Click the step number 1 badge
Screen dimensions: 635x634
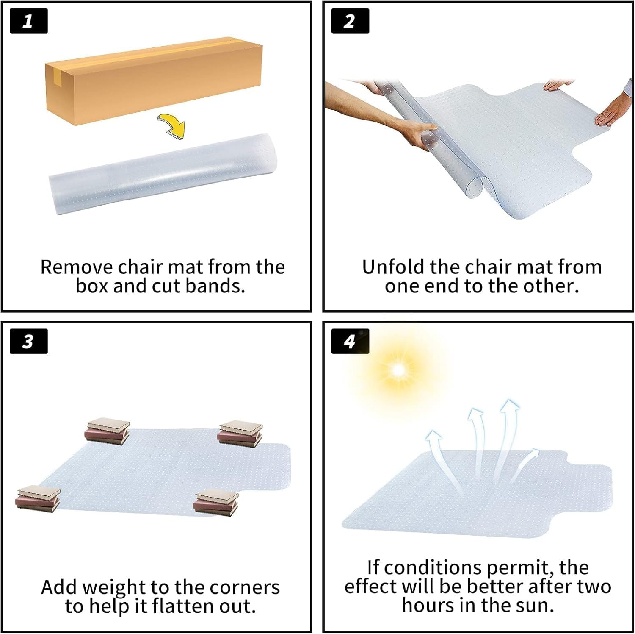28,21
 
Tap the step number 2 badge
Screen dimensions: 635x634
350,21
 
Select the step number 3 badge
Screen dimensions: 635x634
28,341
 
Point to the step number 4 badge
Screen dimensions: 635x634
350,341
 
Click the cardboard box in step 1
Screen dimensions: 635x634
154,81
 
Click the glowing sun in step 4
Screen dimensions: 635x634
398,370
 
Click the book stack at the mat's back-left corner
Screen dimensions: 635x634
108,431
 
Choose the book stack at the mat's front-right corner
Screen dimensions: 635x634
216,503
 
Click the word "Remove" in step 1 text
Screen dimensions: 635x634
77,267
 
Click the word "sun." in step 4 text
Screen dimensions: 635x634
535,605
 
